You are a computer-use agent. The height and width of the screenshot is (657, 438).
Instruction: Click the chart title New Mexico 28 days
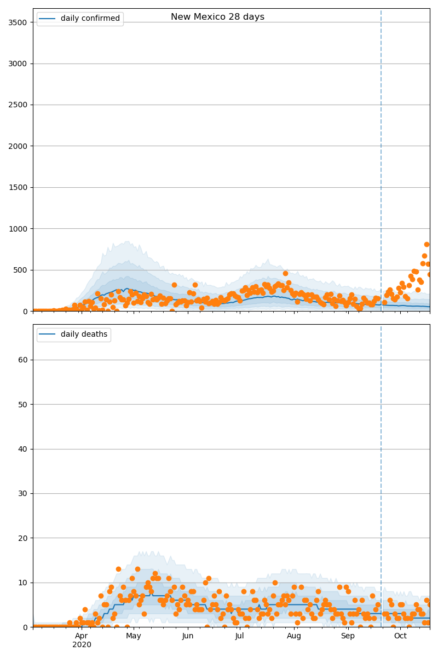(x=217, y=17)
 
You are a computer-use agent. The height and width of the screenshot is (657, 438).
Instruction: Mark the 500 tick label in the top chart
(x=22, y=270)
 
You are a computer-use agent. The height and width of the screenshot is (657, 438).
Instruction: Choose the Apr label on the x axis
(x=82, y=636)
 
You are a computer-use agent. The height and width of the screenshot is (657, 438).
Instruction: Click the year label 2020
(x=82, y=645)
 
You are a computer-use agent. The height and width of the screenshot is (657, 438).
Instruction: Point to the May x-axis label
(x=134, y=636)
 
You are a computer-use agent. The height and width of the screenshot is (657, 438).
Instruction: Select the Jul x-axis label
(x=240, y=636)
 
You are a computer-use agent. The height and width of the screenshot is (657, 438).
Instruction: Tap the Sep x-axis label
(x=348, y=636)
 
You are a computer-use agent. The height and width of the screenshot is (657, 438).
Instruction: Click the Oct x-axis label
(x=400, y=636)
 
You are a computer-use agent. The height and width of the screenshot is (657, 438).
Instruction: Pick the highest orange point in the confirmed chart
(x=427, y=245)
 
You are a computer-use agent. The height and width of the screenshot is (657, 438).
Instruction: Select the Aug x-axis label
(x=294, y=636)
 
